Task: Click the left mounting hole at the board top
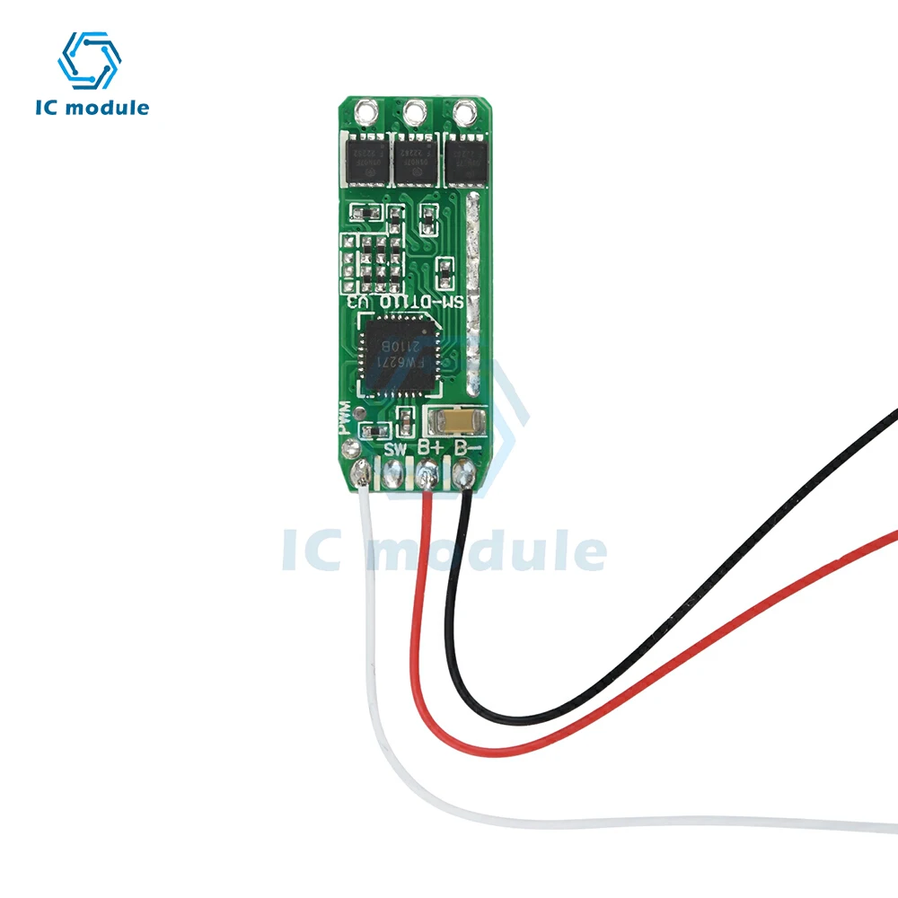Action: pyautogui.click(x=365, y=113)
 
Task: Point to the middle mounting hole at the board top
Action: pyautogui.click(x=415, y=113)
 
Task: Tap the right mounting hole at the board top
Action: pyautogui.click(x=464, y=113)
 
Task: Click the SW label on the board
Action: pyautogui.click(x=396, y=447)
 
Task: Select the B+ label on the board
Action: pyautogui.click(x=430, y=446)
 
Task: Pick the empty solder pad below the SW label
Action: pyautogui.click(x=394, y=473)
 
